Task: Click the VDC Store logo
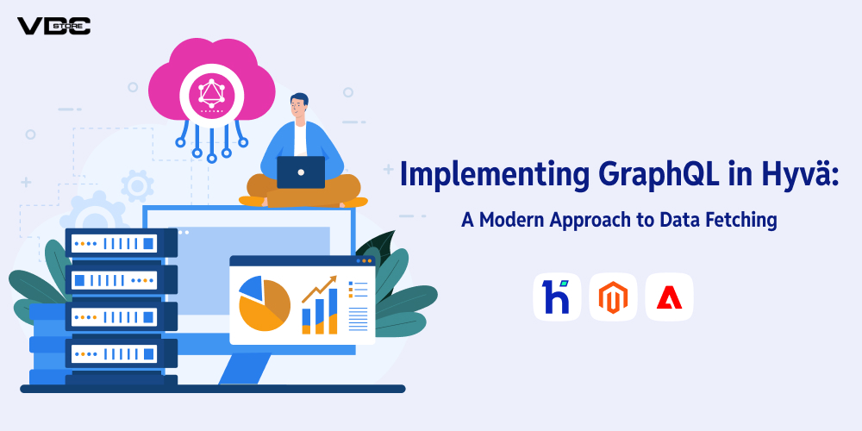tap(53, 25)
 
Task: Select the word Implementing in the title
tap(475, 175)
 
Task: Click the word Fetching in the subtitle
tap(739, 220)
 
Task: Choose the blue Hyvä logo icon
tap(556, 297)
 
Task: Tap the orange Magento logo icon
tap(613, 297)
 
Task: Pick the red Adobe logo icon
tap(669, 297)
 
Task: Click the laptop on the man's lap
tap(301, 172)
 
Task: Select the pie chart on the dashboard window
tap(264, 303)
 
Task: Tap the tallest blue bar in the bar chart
tap(333, 310)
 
